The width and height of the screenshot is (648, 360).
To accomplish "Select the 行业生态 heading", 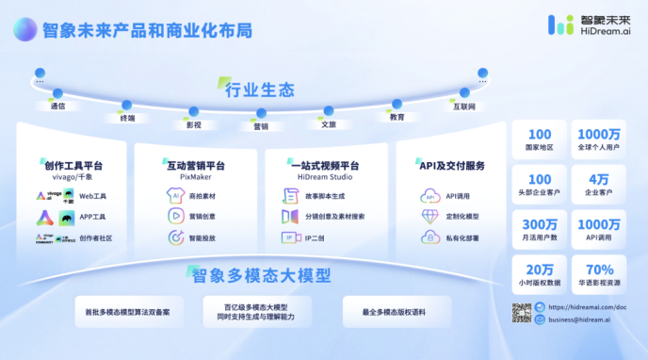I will pyautogui.click(x=260, y=90).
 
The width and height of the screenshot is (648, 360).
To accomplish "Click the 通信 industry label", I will pyautogui.click(x=57, y=106).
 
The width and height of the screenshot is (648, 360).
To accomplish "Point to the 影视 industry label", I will pyautogui.click(x=193, y=123).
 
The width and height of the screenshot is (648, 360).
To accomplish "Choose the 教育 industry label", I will pyautogui.click(x=397, y=117).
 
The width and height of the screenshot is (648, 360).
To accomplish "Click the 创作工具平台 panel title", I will pyautogui.click(x=73, y=166).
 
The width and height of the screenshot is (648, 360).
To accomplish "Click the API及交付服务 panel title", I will pyautogui.click(x=452, y=166).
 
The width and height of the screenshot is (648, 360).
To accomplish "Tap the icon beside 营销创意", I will pyautogui.click(x=175, y=216).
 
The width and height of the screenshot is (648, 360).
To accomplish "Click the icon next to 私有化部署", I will pyautogui.click(x=429, y=237).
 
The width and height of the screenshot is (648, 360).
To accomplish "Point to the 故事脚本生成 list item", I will pyautogui.click(x=331, y=195).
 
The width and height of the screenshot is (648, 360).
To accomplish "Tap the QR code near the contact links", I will pyautogui.click(x=522, y=313).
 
